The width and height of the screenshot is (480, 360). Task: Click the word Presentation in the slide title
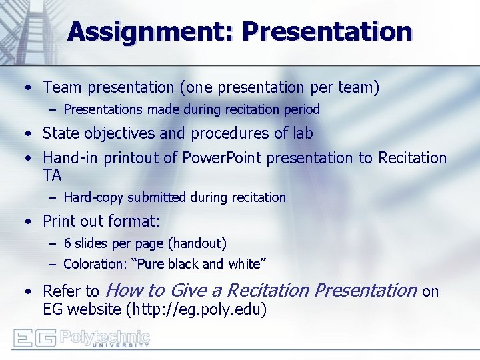coord(327,31)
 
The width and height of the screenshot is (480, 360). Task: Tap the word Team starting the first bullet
coord(61,87)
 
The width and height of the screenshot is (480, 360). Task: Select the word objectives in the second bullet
coord(117,133)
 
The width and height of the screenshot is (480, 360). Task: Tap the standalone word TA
coord(52,175)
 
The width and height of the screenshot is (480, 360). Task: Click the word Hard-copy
coord(93,197)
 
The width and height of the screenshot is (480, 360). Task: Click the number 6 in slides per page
coord(67,244)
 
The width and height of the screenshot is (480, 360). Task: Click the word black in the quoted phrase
coord(182,264)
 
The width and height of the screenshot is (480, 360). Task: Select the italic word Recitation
coord(268,291)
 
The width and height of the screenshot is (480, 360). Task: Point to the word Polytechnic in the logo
coord(105,336)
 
